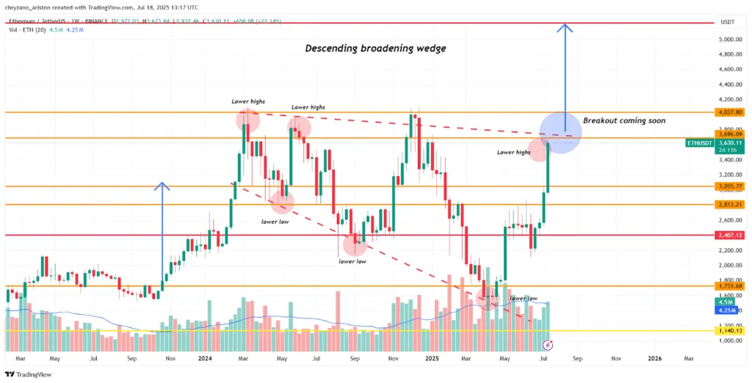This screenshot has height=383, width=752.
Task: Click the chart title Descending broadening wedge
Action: point(375,49)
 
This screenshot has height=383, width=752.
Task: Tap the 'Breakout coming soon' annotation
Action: point(624,120)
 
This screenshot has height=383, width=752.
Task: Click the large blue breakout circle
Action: point(560,132)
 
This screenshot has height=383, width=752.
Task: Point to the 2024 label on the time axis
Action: point(205,359)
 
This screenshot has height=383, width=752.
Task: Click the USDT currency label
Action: point(728,22)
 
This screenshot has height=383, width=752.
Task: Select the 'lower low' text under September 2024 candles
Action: point(352,260)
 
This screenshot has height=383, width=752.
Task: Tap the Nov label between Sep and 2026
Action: point(615,359)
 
